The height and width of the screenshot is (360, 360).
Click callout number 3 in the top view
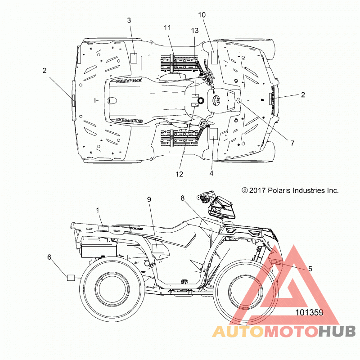129,20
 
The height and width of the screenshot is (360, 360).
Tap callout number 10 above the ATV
202,15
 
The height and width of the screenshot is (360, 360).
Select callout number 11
167,28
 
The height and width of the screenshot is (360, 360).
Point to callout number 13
195,31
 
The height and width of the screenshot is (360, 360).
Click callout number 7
292,143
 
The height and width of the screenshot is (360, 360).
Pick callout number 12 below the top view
179,174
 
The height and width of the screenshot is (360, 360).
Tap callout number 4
211,173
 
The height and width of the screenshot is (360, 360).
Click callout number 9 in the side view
149,199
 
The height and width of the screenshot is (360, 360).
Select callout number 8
183,198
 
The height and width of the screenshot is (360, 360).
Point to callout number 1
98,210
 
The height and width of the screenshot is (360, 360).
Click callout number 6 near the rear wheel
49,257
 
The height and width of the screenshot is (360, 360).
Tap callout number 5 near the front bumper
310,269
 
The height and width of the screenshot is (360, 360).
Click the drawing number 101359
309,312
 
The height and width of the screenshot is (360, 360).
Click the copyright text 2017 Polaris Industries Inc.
290,190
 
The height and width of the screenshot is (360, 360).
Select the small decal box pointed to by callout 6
71,278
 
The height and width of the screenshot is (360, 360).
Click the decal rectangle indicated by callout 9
158,248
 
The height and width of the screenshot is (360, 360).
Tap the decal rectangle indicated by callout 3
134,58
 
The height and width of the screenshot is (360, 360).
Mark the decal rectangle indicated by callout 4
213,134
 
